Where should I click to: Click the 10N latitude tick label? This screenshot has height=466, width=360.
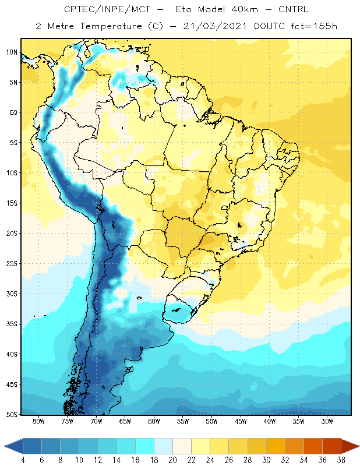[12, 52]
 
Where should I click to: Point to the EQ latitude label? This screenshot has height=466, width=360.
[13, 112]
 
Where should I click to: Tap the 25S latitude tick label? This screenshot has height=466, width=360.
[12, 264]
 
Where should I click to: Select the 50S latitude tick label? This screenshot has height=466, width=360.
[12, 414]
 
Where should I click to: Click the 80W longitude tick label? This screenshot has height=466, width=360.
[38, 421]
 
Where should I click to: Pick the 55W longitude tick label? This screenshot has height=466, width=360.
[183, 421]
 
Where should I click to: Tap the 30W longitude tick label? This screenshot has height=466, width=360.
[327, 421]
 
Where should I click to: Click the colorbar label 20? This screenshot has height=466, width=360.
[172, 460]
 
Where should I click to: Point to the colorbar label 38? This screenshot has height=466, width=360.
[341, 460]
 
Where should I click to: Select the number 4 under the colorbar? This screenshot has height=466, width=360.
[23, 460]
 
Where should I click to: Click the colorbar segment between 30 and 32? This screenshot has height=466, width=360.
[276, 446]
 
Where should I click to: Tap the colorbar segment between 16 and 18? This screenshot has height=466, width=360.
[144, 446]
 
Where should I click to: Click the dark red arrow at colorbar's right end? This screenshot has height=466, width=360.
[350, 446]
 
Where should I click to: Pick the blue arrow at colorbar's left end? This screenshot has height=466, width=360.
[14, 446]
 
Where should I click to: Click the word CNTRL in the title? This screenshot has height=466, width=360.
[294, 9]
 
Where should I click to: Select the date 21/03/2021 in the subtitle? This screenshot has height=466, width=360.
[215, 26]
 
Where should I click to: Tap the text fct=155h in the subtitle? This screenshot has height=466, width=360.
[314, 26]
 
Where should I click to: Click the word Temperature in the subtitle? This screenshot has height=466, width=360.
[111, 26]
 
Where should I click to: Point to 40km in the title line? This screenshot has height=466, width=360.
[245, 9]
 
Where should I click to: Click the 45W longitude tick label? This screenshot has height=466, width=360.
[241, 421]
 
